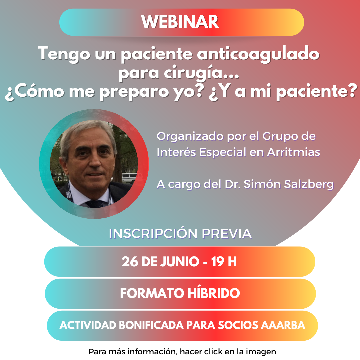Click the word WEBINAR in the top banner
click(x=180, y=22)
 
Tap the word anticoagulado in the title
click(x=258, y=54)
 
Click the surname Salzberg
click(x=309, y=184)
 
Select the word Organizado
click(x=190, y=136)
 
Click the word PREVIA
click(x=227, y=233)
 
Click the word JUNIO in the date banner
click(x=180, y=262)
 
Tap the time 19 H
click(x=224, y=262)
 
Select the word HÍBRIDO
click(x=214, y=293)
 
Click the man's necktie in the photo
click(x=95, y=204)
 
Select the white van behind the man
click(x=129, y=178)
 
